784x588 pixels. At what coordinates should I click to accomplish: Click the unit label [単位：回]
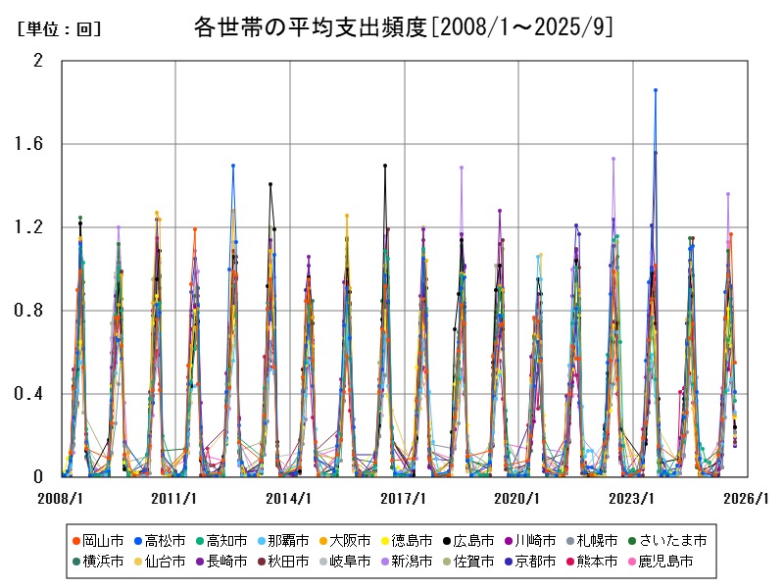click(59, 29)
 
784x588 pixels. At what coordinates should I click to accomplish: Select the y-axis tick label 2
click(38, 61)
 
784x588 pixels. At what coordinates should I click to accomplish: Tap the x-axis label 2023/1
click(633, 499)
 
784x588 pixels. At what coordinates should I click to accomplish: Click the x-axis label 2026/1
click(748, 499)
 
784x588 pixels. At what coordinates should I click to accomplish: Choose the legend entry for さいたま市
click(669, 540)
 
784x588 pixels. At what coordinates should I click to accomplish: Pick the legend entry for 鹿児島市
click(665, 562)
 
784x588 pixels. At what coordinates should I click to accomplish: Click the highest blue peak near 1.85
click(656, 90)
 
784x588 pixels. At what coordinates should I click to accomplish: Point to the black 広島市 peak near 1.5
click(385, 166)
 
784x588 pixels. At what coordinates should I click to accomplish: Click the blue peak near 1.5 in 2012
click(233, 166)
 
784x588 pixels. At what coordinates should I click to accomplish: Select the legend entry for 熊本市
click(593, 562)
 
